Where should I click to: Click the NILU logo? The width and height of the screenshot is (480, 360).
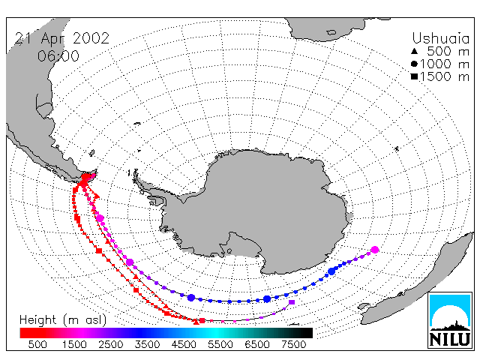450,320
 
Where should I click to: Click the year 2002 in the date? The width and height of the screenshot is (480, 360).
91,38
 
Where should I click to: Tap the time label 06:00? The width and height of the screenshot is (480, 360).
58,56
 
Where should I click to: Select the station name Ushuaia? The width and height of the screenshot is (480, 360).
440,38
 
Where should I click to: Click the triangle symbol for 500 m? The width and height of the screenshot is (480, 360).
414,51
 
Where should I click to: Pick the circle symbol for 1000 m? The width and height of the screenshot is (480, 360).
414,64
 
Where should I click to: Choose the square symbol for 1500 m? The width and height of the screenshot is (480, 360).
414,76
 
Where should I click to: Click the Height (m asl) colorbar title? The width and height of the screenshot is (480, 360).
63,320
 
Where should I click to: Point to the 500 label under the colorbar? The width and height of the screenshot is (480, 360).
37,344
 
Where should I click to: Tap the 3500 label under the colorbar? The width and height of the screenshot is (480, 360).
147,344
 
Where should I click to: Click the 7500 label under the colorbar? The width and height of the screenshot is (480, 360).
293,344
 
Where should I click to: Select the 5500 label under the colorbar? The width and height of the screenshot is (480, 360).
220,344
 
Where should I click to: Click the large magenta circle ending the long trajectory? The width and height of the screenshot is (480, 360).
375,250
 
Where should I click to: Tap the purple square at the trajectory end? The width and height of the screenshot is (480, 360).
292,302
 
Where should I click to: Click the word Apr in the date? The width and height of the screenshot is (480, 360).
53,39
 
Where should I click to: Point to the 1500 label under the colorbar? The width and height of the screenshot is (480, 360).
74,344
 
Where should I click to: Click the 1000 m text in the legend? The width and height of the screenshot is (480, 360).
445,64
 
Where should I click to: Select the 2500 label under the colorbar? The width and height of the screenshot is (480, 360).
110,344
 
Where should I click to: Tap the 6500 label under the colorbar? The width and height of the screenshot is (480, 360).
257,344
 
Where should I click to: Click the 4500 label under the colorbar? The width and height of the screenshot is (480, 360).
184,344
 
